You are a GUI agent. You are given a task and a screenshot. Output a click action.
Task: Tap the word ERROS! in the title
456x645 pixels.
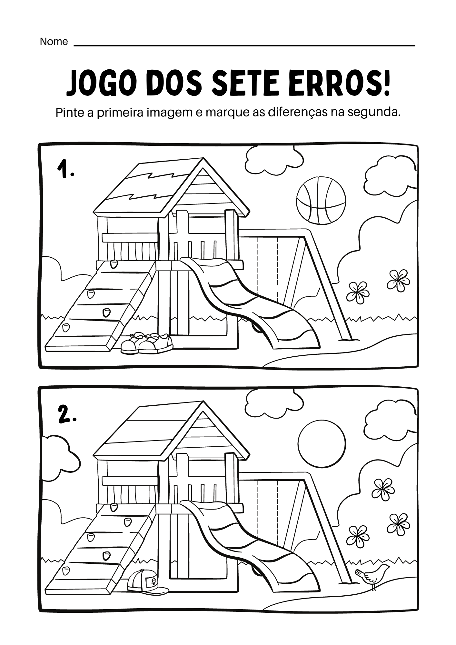click(x=341, y=84)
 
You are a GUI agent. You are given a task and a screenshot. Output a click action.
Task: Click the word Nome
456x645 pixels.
click(x=54, y=42)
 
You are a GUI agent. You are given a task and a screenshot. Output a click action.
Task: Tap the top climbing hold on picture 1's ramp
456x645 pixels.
click(x=114, y=264)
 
